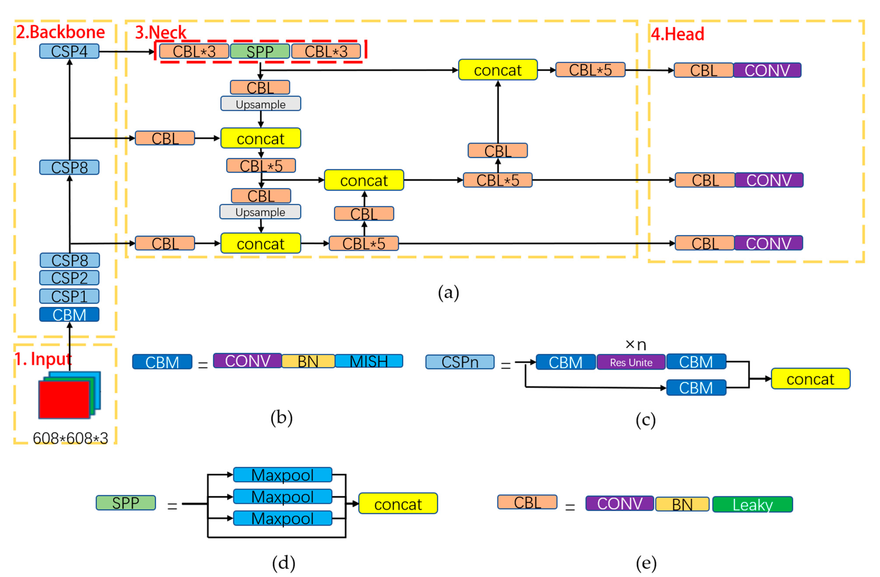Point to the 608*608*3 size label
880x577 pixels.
pos(70,438)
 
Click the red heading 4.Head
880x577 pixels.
pos(677,34)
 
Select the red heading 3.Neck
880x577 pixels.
pos(161,33)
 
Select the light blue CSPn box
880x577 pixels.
pos(460,362)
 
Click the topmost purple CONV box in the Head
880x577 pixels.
pos(767,70)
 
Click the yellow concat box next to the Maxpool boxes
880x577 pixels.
pos(398,504)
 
